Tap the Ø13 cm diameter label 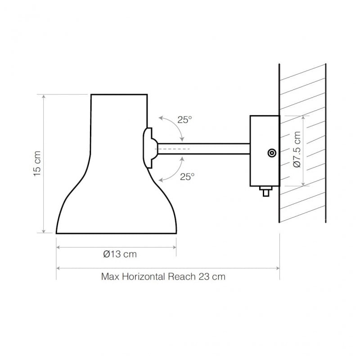click(120, 254)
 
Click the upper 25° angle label click(184, 120)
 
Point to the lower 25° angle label click(187, 177)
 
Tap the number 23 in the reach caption click(204, 277)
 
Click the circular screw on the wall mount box click(271, 153)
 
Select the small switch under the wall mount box click(265, 192)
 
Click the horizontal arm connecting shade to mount click(202, 149)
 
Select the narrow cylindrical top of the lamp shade click(119, 117)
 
